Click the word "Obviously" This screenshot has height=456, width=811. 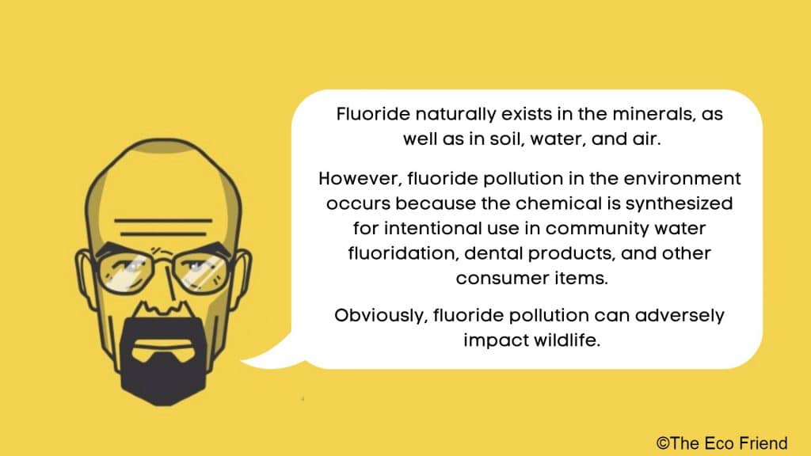click(379, 315)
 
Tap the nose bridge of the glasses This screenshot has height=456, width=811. click(166, 258)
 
